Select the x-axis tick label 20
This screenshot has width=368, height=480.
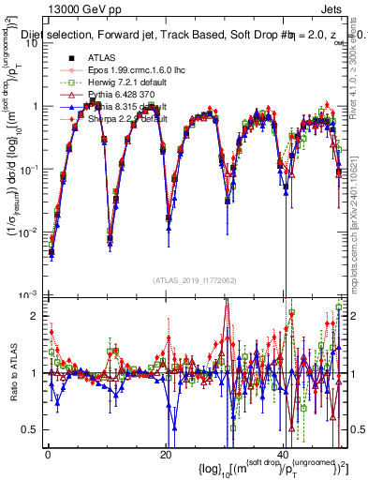(x=165, y=455)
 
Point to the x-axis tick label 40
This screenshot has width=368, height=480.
(x=283, y=455)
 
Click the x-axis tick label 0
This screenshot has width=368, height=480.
(x=48, y=455)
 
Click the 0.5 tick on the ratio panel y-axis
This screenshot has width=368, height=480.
(x=31, y=429)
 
